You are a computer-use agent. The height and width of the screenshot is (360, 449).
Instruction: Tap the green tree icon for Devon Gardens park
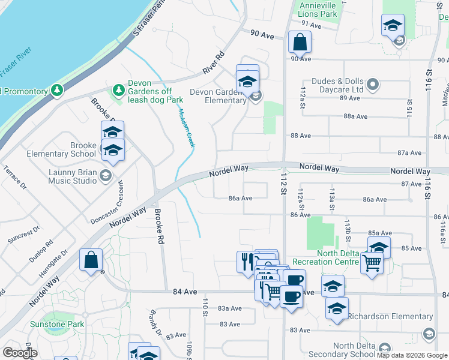coord(118,90)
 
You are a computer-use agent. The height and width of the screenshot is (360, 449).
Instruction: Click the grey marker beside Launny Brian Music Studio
coord(106,175)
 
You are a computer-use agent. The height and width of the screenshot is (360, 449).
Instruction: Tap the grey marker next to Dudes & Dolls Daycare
coord(373,84)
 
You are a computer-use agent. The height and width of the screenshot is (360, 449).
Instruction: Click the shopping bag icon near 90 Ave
coord(300,43)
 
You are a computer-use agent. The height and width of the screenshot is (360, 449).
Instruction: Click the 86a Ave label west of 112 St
coord(241,197)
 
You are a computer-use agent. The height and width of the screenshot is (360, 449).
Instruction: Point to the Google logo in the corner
coord(19,353)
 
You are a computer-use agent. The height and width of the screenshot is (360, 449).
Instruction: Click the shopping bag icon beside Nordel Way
coord(91,260)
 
